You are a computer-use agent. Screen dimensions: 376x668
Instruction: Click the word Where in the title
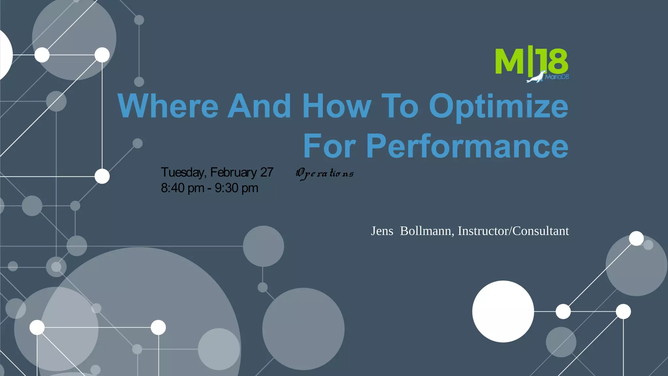pos(168,106)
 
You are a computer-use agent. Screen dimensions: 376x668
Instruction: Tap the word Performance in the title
pos(467,146)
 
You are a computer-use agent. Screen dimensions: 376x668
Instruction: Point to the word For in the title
pos(329,146)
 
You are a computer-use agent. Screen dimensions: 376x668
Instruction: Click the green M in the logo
pos(510,62)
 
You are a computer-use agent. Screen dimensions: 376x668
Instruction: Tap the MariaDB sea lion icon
pos(536,77)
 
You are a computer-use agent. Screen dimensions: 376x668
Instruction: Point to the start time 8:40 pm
pos(182,188)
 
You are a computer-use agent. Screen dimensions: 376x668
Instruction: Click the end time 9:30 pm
pos(236,188)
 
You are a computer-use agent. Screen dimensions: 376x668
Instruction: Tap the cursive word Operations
pos(325,173)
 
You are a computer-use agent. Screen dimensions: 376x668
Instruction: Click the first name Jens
pos(382,231)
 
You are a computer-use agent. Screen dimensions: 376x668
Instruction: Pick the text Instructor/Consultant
pos(513,231)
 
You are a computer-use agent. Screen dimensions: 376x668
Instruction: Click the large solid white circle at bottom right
pos(503,311)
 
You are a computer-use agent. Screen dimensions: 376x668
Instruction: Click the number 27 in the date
pos(267,172)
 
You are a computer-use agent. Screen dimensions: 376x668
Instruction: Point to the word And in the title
pos(259,106)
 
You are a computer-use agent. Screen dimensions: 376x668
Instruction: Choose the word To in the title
pos(400,106)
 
